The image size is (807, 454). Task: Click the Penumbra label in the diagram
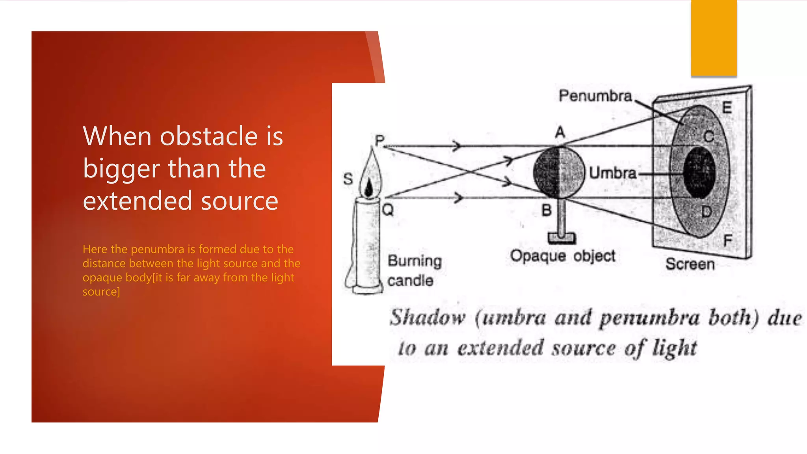(595, 96)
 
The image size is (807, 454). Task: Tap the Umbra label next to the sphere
(613, 173)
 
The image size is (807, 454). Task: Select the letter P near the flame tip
(379, 141)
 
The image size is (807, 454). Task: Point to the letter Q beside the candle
(388, 210)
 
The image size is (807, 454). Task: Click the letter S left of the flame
(348, 179)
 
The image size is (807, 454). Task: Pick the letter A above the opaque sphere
(560, 132)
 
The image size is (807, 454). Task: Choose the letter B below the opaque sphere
(547, 210)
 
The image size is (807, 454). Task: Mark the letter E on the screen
(727, 107)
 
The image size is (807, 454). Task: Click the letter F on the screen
(727, 240)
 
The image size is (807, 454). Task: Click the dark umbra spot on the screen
(699, 173)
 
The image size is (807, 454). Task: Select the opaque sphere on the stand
(559, 172)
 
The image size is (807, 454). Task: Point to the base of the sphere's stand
(562, 238)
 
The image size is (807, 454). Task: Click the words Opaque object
(563, 256)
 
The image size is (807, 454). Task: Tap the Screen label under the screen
(690, 264)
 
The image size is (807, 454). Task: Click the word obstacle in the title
(209, 136)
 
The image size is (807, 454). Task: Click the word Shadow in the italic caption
(428, 318)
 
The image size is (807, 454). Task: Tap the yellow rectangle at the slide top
(714, 38)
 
